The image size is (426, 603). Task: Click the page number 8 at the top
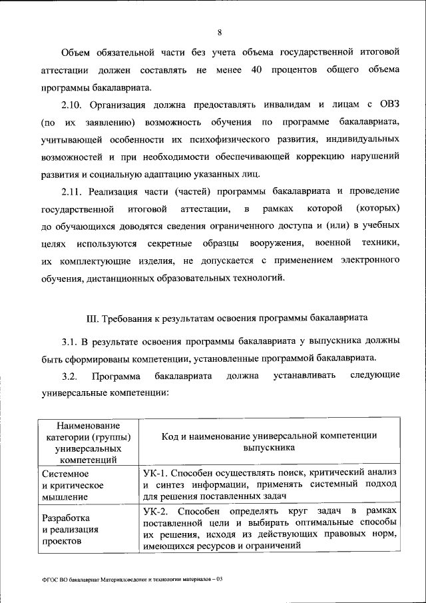pos(219,32)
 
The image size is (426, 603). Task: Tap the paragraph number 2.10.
pos(72,105)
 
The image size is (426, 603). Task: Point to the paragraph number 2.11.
pos(72,193)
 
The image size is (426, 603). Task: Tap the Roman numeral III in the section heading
pos(94,316)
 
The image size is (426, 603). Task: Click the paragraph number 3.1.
pos(70,341)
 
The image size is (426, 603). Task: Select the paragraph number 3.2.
pos(70,376)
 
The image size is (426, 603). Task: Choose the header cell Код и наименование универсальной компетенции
pos(269,442)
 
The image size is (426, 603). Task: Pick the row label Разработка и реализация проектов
pos(70,529)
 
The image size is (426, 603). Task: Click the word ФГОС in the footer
pos(50,579)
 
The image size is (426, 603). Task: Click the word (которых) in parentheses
pos(377,210)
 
